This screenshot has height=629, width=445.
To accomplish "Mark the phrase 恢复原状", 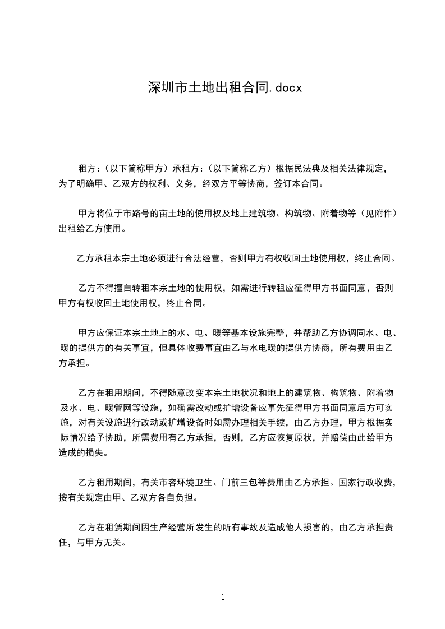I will (288, 437).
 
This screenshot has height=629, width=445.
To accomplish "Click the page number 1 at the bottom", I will (223, 597).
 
